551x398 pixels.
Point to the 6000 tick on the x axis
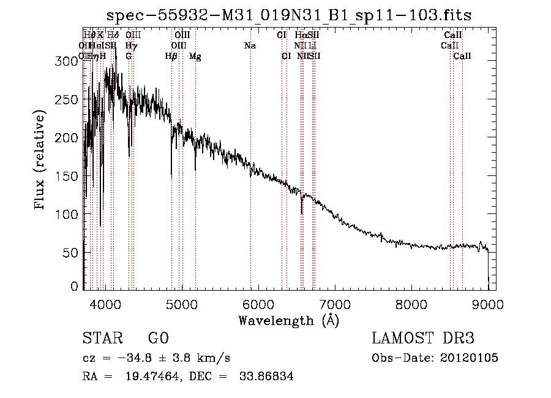coord(258,303)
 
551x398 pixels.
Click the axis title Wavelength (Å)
coord(288,320)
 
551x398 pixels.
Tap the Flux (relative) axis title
coord(41,161)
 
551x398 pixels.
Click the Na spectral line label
coord(250,46)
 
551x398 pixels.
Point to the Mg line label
coord(195,56)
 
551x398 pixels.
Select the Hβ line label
coord(171,56)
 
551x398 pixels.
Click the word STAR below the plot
coord(100,339)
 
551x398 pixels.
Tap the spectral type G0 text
coord(158,339)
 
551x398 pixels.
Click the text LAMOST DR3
coord(422,339)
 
